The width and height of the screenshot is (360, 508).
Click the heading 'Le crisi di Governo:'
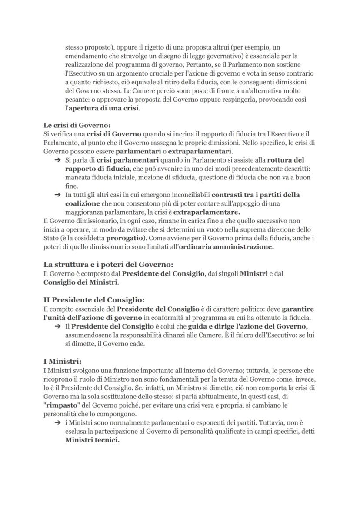pos(77,125)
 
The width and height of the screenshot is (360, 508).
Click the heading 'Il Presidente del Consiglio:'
pos(94,300)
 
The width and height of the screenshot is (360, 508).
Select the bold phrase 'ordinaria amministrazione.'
pos(226,247)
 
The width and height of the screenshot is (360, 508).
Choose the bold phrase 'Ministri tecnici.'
pos(92,440)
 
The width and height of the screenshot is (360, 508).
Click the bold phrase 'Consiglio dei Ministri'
pos(80,282)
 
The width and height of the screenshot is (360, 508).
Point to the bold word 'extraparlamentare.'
pos(207,212)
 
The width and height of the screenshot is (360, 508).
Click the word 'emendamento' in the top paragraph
pos(84,56)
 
